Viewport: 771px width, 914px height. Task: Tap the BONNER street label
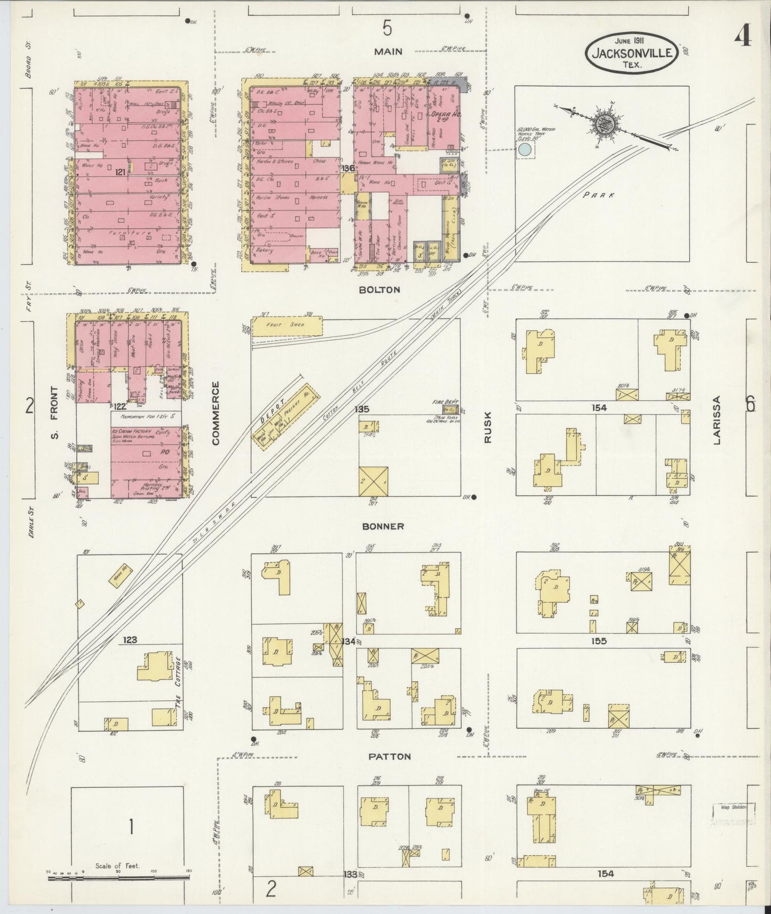tap(383, 526)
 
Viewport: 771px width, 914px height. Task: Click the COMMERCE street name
tap(216, 413)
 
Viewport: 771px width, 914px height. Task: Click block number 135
tap(362, 409)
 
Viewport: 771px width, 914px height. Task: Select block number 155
tap(599, 641)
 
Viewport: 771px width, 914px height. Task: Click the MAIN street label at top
tap(388, 51)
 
